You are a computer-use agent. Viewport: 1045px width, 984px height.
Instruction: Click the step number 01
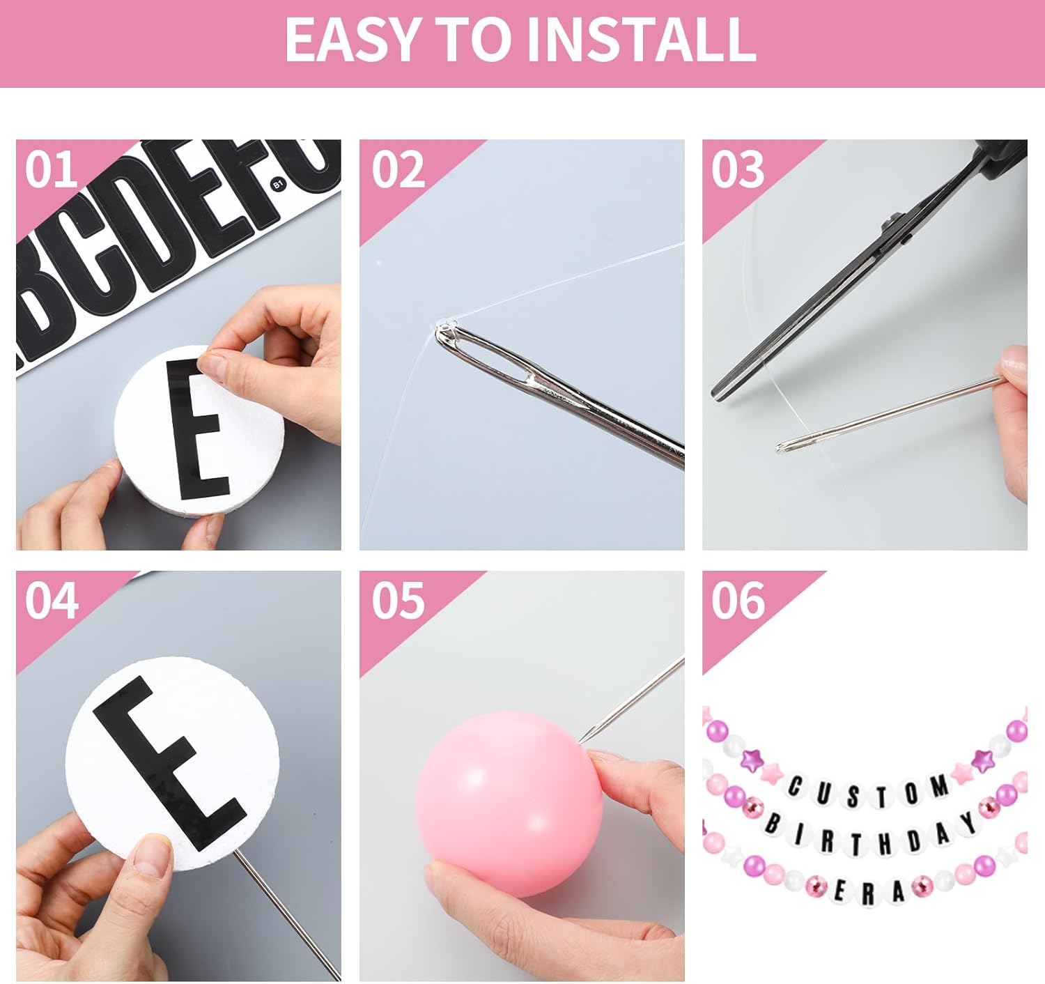(51, 169)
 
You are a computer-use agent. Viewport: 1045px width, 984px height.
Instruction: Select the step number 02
(398, 169)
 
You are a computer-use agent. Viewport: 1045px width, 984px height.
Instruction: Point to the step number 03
(738, 169)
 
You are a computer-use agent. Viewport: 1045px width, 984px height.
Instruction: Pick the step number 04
(52, 601)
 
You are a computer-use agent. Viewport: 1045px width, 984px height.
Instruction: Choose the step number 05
(398, 601)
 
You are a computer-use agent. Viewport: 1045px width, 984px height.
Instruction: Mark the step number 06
(738, 601)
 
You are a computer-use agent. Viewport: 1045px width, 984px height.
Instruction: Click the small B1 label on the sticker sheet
(279, 184)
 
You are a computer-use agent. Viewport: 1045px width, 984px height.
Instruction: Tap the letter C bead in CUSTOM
(794, 787)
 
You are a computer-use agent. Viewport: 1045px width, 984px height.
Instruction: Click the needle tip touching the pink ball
(580, 742)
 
